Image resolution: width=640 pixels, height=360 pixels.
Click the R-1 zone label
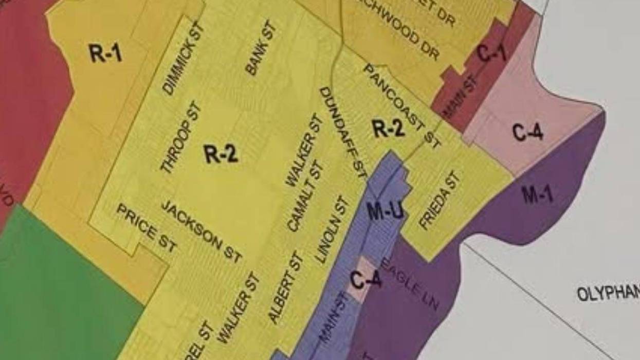[x=105, y=52]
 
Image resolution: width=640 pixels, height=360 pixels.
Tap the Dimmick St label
[x=184, y=59]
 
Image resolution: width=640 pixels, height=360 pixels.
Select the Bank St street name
[x=261, y=49]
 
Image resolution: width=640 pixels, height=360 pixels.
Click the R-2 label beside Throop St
[x=221, y=153]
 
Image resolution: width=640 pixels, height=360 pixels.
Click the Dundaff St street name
[x=343, y=133]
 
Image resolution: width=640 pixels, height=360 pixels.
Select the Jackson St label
[x=201, y=231]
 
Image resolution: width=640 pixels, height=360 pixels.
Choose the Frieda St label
[x=440, y=201]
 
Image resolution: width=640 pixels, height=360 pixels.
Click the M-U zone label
[x=385, y=211]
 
